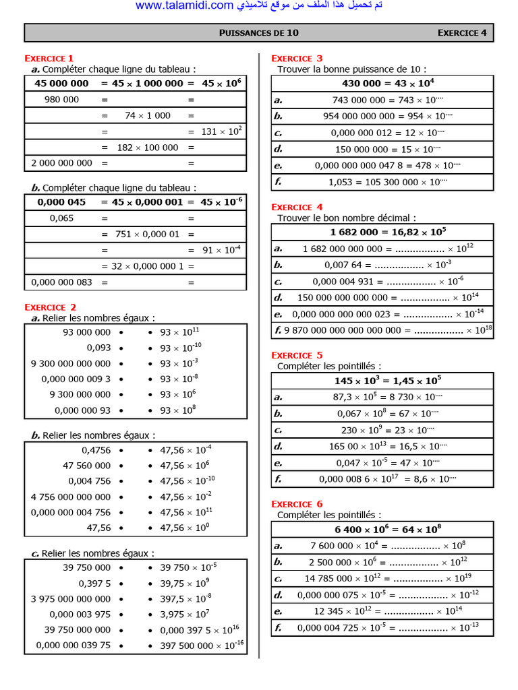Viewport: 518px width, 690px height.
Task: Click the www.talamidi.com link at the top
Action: [183, 6]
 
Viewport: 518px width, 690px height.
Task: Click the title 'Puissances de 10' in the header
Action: [259, 32]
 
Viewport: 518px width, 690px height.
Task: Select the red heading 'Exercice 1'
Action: [49, 59]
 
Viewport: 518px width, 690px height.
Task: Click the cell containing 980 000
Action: [61, 100]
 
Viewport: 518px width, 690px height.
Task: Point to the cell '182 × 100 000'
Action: [148, 147]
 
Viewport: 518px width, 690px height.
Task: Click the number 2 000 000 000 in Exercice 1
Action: [61, 163]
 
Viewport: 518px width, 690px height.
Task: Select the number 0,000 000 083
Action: [61, 282]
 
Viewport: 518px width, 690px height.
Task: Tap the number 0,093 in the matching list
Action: [98, 348]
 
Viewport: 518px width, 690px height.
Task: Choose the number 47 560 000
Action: [86, 466]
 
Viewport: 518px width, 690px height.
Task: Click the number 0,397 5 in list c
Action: [94, 583]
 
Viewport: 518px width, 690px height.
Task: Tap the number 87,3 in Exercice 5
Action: [345, 397]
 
